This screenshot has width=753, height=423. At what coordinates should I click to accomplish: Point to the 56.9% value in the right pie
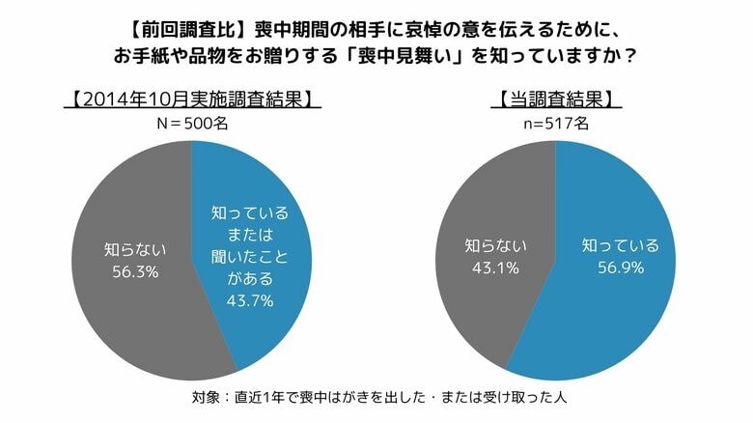pyautogui.click(x=620, y=267)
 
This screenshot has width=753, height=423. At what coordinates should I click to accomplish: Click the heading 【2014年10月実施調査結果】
pyautogui.click(x=191, y=99)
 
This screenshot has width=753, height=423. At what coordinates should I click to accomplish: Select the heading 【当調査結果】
pyautogui.click(x=556, y=99)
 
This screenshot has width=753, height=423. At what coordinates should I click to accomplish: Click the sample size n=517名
pyautogui.click(x=555, y=123)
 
